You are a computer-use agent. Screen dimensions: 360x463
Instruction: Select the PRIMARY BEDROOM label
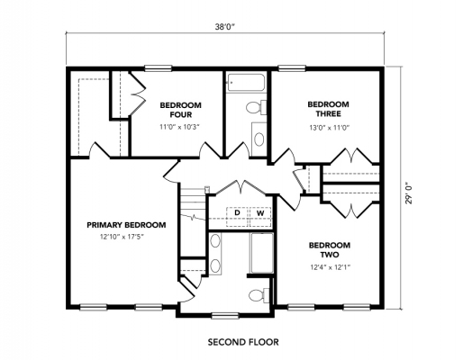126,224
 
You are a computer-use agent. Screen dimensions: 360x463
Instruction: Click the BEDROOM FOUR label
180,110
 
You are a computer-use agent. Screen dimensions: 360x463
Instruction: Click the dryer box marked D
237,213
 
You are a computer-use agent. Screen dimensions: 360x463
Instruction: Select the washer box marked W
259,213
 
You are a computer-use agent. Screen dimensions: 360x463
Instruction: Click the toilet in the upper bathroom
255,109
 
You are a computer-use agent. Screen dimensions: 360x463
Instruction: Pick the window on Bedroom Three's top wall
290,67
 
